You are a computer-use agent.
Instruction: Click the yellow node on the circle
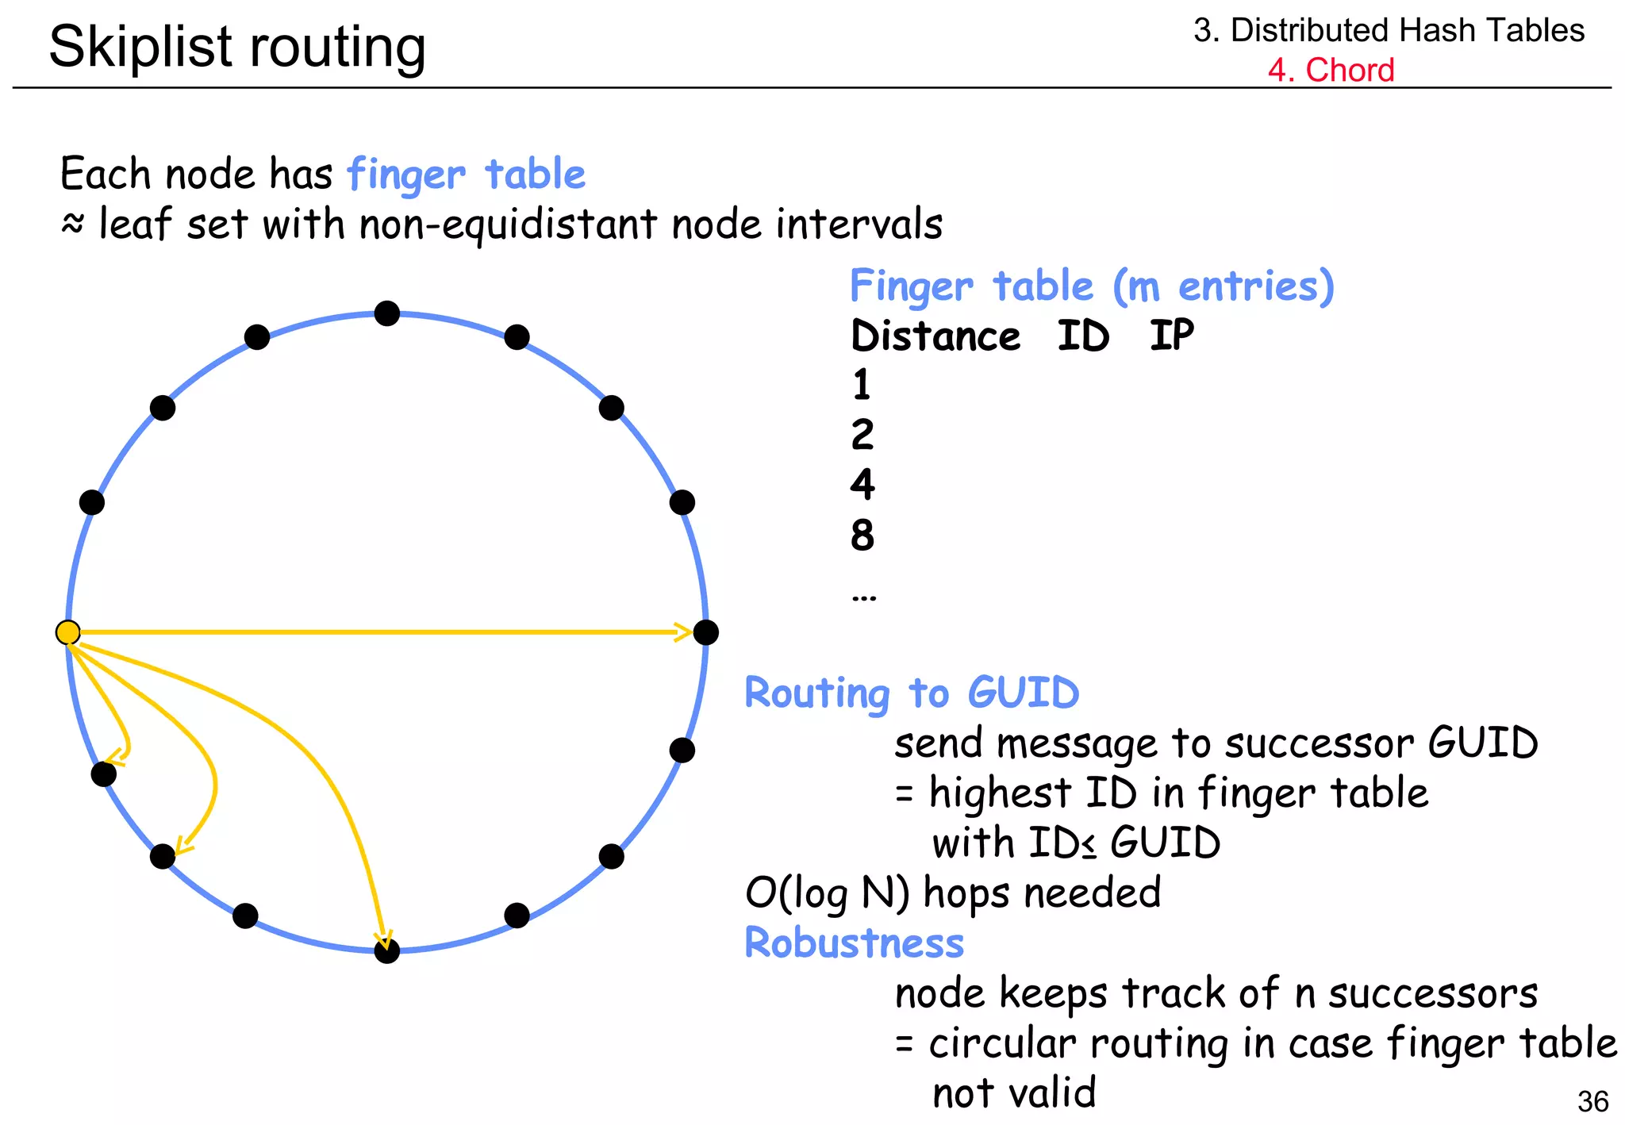(68, 632)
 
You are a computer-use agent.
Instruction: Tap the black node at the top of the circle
(386, 313)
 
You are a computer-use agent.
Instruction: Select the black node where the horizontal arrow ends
(705, 632)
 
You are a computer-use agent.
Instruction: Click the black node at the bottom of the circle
(386, 950)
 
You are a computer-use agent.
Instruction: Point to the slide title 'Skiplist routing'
(237, 46)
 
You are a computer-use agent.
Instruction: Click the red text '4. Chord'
(1331, 70)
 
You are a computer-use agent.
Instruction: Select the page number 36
(1592, 1101)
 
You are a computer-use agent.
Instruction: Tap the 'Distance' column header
(935, 336)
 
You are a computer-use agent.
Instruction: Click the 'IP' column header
(1171, 336)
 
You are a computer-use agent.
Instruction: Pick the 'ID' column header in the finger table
(1083, 336)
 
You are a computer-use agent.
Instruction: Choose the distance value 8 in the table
(862, 536)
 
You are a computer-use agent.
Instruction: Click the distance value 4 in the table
(862, 485)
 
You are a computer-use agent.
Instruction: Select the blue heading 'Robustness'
(854, 943)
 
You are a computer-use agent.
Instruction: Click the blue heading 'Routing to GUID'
(912, 693)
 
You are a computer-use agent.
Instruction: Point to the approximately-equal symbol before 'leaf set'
(72, 225)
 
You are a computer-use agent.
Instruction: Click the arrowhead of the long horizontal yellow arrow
(682, 632)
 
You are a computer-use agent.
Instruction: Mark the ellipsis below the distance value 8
(863, 597)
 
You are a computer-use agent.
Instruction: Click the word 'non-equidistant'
(508, 225)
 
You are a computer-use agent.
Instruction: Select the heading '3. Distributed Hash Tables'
(1389, 30)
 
